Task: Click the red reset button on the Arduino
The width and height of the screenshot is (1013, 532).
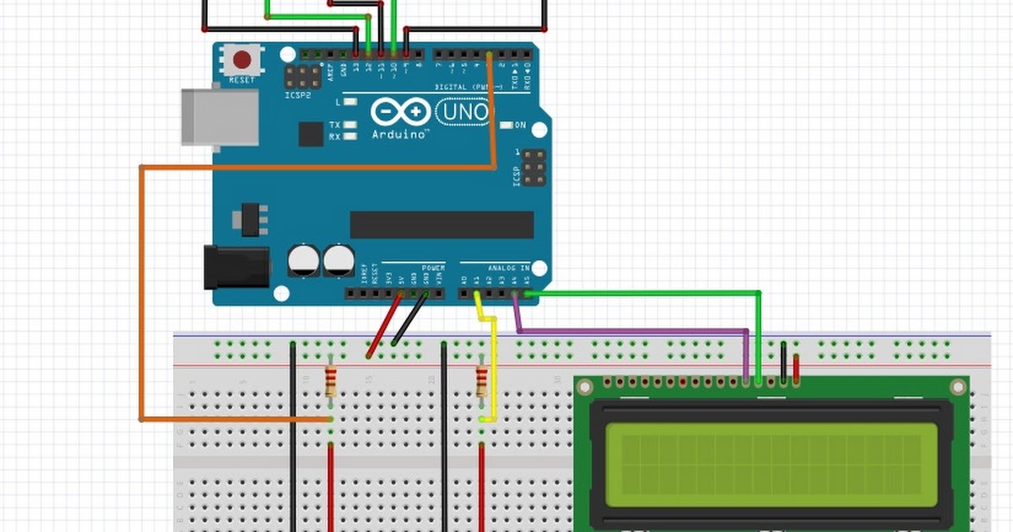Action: tap(242, 60)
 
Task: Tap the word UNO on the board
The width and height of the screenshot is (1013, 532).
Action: tap(463, 111)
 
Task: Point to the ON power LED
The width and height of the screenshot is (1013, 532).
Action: tap(506, 126)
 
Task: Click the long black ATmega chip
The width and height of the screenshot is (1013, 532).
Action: tap(441, 225)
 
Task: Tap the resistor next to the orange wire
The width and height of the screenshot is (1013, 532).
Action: tap(331, 381)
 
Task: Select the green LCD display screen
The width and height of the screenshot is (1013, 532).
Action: tap(772, 464)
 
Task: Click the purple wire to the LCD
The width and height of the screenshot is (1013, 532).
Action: tap(633, 330)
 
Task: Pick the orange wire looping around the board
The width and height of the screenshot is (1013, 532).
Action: tap(142, 296)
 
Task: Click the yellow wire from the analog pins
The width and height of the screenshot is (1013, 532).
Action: tap(492, 363)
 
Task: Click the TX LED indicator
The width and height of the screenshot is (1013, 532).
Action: tap(349, 125)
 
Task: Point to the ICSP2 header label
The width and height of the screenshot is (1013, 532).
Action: tap(298, 95)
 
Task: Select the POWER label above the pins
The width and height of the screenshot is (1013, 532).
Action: tap(433, 266)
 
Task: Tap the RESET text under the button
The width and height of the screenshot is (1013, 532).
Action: tap(241, 80)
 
